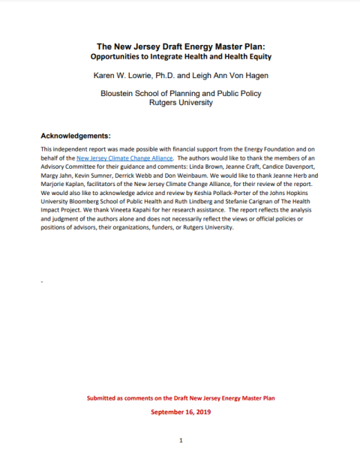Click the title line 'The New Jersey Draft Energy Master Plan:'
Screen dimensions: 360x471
point(180,46)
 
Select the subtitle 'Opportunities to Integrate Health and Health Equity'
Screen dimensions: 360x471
point(180,57)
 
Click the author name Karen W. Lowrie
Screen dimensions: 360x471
point(133,76)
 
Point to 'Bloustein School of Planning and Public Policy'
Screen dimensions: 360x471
point(180,94)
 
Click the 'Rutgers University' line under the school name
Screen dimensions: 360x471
point(180,103)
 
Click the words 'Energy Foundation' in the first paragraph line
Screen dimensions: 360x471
point(253,150)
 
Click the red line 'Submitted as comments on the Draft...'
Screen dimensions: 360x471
point(180,397)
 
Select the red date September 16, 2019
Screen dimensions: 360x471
point(180,412)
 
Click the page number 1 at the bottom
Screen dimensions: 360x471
point(181,440)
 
